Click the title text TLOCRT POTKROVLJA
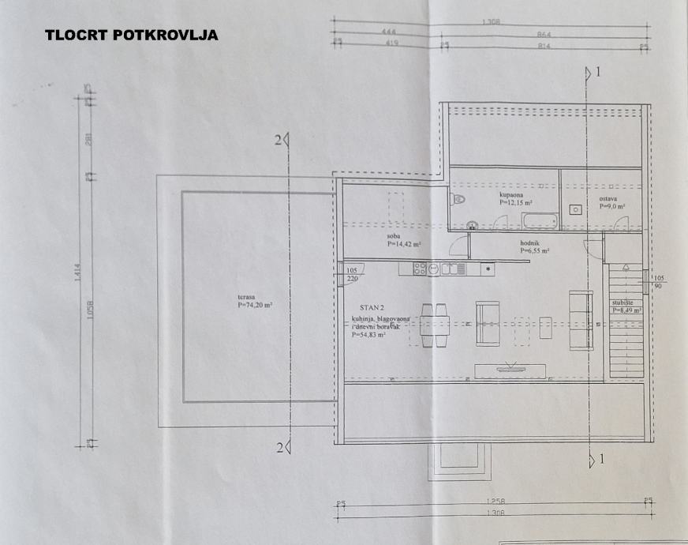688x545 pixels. point(131,35)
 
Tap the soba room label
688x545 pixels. point(393,236)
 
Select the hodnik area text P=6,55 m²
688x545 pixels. point(534,250)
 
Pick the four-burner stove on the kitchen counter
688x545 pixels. point(421,269)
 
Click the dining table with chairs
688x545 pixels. point(436,325)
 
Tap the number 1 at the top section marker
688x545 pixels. point(598,73)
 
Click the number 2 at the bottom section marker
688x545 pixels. point(279,448)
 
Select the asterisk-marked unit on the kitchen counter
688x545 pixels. point(488,269)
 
